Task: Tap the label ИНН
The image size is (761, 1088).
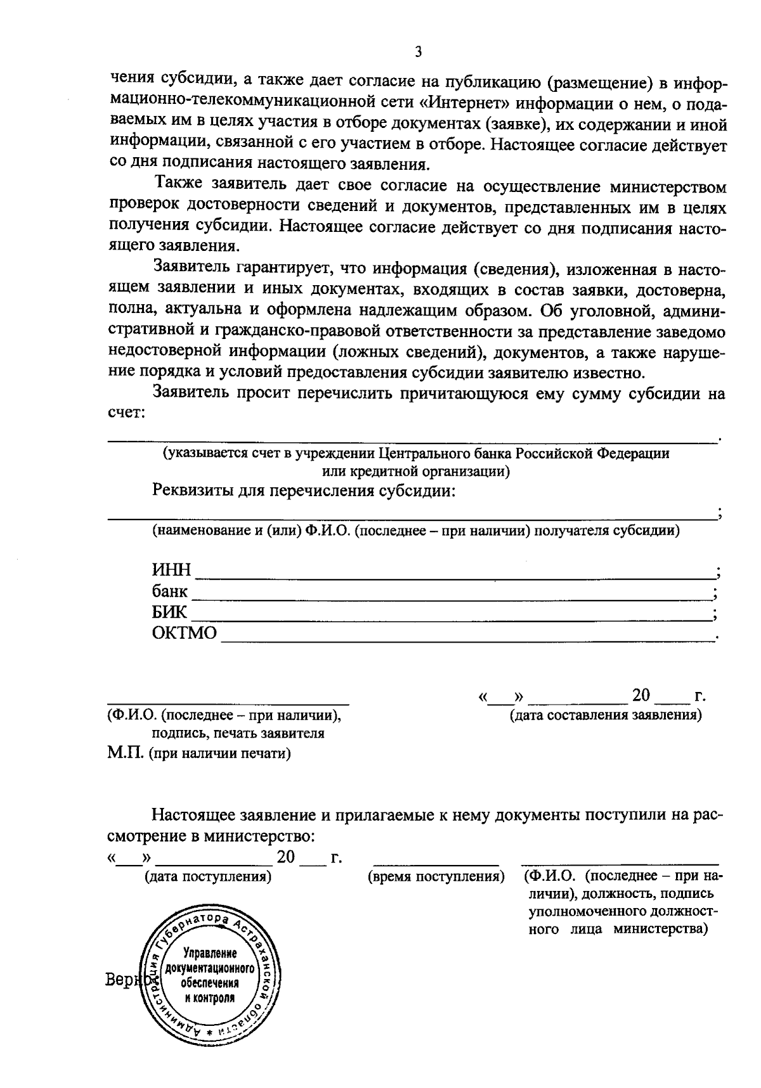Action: point(171,570)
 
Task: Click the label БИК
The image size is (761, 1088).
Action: point(169,612)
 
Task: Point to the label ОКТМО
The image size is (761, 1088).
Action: point(184,633)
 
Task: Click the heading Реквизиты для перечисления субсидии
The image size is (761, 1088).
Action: point(304,491)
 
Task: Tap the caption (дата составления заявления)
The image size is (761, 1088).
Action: point(606,715)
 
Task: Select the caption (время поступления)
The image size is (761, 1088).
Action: point(436,876)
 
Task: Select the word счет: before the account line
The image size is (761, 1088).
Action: point(127,413)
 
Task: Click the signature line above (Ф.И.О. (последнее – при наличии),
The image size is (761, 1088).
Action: point(228,704)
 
